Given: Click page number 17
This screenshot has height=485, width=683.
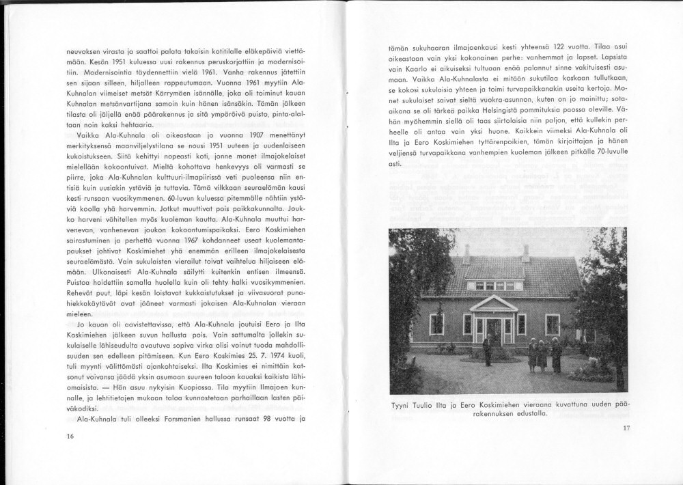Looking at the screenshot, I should point(627,428).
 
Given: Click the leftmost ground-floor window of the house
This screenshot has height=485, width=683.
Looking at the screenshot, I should point(436,323).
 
